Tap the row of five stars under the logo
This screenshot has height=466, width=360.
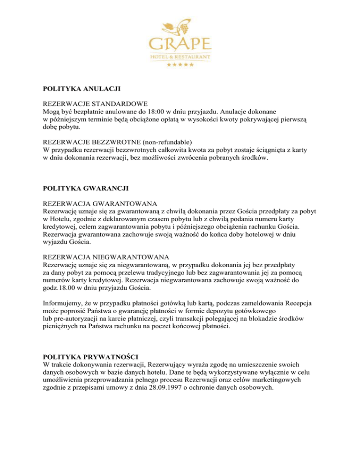coord(180,64)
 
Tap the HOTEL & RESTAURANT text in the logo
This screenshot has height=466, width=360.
coord(180,57)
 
